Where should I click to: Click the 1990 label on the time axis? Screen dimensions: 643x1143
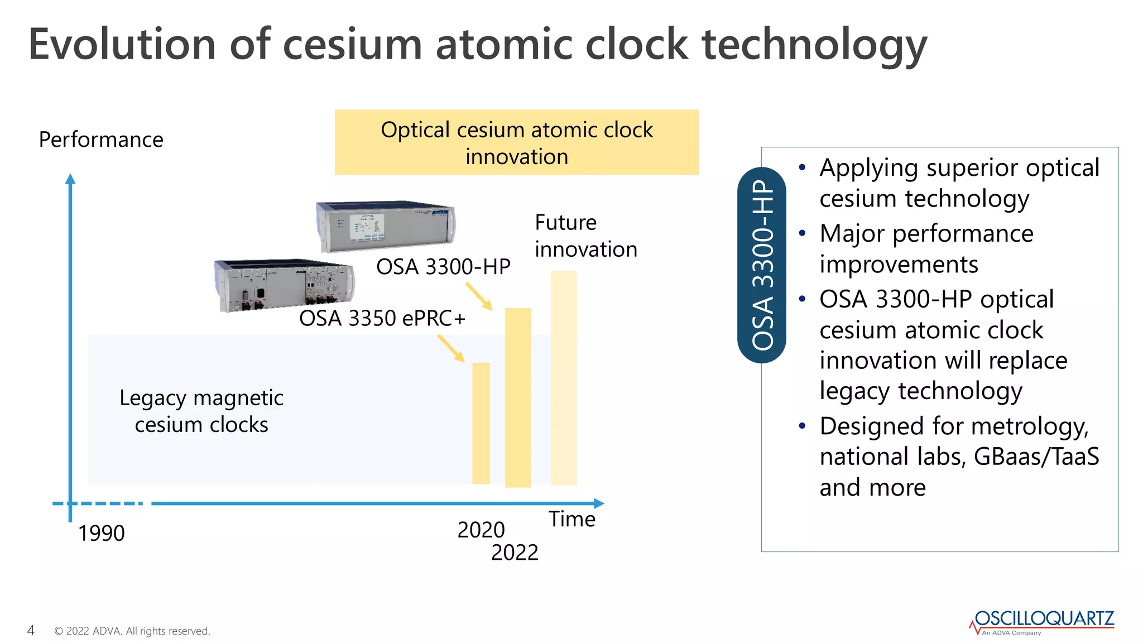[101, 533]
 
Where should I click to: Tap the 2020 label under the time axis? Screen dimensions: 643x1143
[481, 530]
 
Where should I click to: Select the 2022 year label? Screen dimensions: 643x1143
[515, 553]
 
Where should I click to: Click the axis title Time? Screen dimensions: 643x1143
[571, 519]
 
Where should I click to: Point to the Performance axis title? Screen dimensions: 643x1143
[101, 140]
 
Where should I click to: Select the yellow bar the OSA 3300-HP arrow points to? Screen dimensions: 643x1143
[518, 397]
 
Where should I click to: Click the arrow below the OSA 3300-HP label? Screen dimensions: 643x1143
[479, 296]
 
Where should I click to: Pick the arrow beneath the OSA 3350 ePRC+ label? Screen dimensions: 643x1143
[451, 348]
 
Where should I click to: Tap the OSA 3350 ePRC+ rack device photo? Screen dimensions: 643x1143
[284, 284]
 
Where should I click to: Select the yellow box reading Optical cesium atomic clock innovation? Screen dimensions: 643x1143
[516, 142]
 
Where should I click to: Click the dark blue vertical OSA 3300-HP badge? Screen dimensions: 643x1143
[762, 265]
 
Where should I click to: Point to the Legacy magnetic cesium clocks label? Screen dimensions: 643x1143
[201, 411]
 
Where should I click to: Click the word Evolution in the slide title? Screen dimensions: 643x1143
[122, 45]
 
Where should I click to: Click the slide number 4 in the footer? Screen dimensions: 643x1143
[31, 631]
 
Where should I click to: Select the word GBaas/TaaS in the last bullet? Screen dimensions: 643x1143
[1036, 457]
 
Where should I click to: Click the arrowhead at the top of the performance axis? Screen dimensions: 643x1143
[70, 179]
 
